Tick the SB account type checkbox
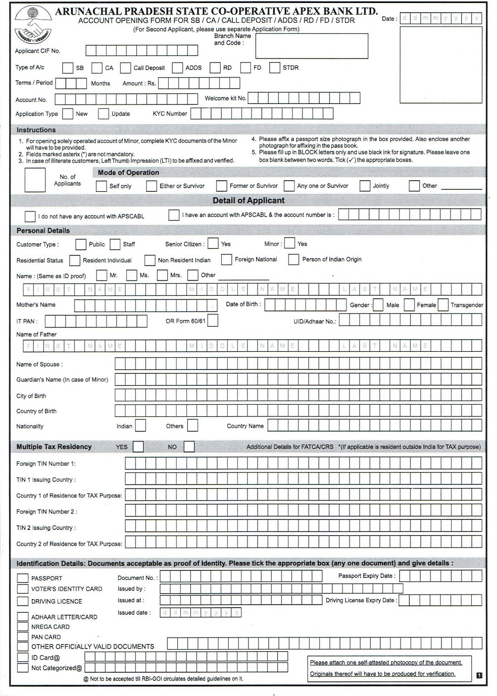(x=68, y=68)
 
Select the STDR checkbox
(x=275, y=68)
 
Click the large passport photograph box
(x=441, y=64)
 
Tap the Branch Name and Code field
(x=311, y=46)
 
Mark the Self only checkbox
(x=101, y=186)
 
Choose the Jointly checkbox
(x=365, y=186)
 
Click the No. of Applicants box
(x=35, y=180)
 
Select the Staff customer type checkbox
(x=115, y=244)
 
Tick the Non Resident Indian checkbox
(x=150, y=260)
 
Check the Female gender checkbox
(x=409, y=305)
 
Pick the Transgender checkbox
(x=443, y=305)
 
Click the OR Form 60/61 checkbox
(x=213, y=320)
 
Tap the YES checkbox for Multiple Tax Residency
(x=138, y=447)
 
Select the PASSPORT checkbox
(x=23, y=578)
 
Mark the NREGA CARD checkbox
(x=23, y=626)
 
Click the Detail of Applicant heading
(x=249, y=200)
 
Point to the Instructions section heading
(x=36, y=130)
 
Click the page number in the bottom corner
(x=479, y=675)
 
